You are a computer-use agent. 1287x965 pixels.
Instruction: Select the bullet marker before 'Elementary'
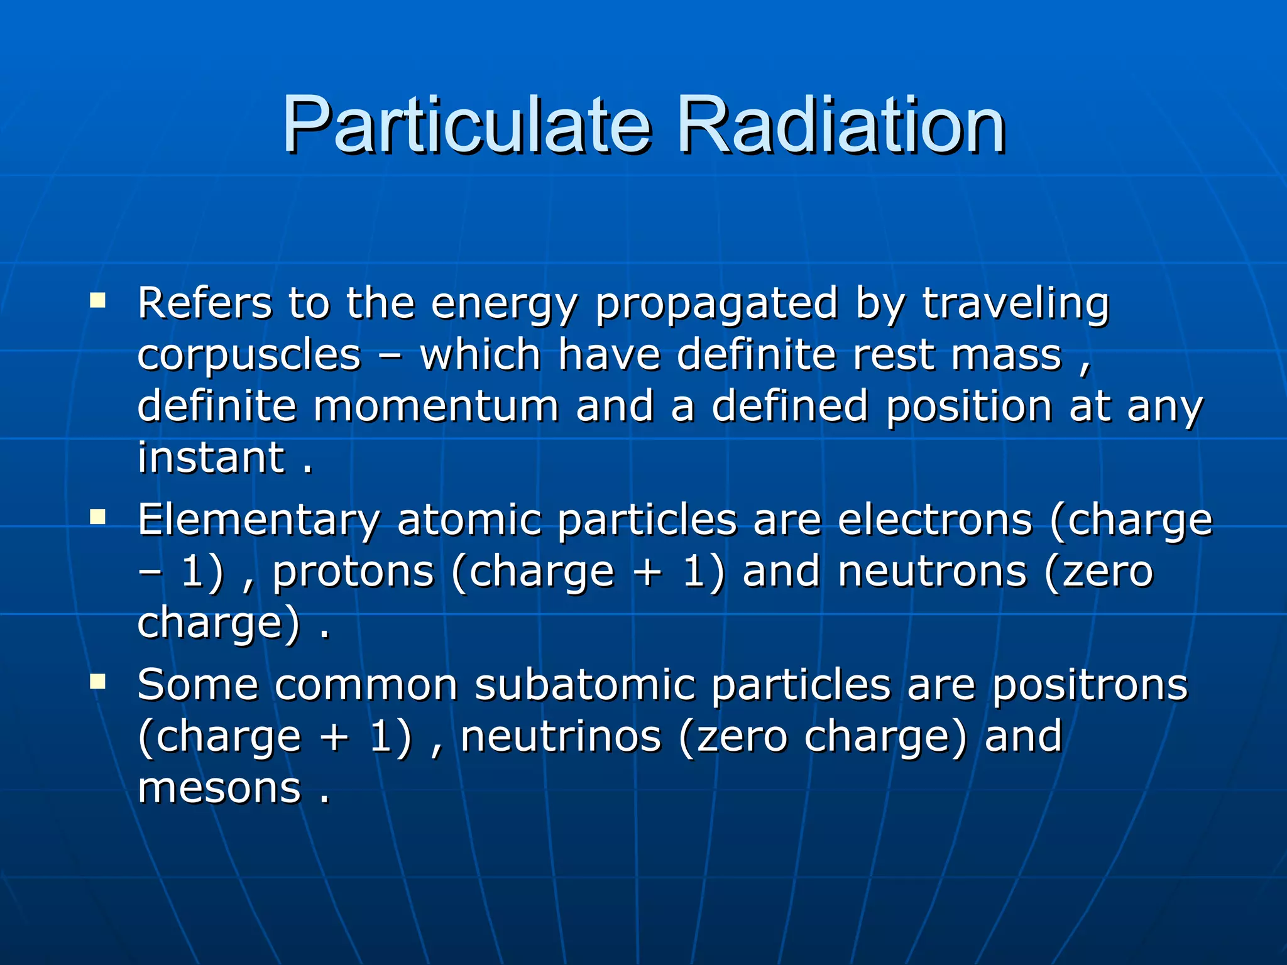pyautogui.click(x=97, y=516)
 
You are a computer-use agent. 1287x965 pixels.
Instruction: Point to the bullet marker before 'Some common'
pyautogui.click(x=97, y=681)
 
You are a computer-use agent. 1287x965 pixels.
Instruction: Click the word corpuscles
pyautogui.click(x=249, y=356)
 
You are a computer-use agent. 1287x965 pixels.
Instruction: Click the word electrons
pyautogui.click(x=934, y=520)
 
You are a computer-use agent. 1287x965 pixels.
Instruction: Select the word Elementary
pyautogui.click(x=259, y=520)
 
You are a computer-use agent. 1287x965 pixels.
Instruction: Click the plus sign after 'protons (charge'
pyautogui.click(x=649, y=573)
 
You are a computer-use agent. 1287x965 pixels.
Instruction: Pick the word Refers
pyautogui.click(x=205, y=304)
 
